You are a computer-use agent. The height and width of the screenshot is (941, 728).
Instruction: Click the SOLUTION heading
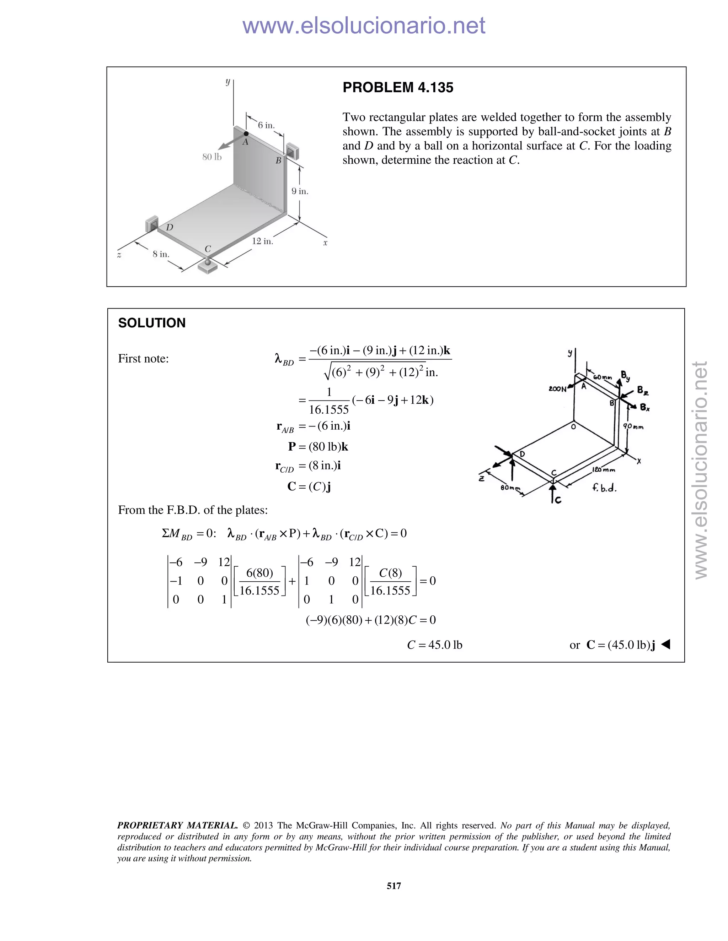pyautogui.click(x=152, y=323)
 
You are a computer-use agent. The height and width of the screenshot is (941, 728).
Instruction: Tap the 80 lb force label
pyautogui.click(x=212, y=157)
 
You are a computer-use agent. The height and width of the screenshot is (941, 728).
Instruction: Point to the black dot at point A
pyautogui.click(x=246, y=134)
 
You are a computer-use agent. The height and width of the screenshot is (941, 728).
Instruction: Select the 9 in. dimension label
pyautogui.click(x=300, y=191)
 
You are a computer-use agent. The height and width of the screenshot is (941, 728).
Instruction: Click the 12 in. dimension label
pyautogui.click(x=262, y=241)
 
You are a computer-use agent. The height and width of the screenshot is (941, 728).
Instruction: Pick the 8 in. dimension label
pyautogui.click(x=161, y=254)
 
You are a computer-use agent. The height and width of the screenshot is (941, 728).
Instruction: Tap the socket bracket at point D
pyautogui.click(x=152, y=224)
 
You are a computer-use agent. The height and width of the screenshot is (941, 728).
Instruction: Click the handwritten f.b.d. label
pyautogui.click(x=604, y=488)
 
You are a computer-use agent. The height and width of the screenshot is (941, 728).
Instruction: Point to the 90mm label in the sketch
pyautogui.click(x=633, y=426)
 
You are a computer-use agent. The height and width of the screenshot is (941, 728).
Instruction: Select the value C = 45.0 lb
pyautogui.click(x=434, y=645)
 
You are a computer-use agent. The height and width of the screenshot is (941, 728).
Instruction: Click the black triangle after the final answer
pyautogui.click(x=665, y=644)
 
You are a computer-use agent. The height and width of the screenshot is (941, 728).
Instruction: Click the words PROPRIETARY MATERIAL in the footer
pyautogui.click(x=177, y=826)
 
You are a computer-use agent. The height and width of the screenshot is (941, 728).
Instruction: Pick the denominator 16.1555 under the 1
pyautogui.click(x=329, y=409)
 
